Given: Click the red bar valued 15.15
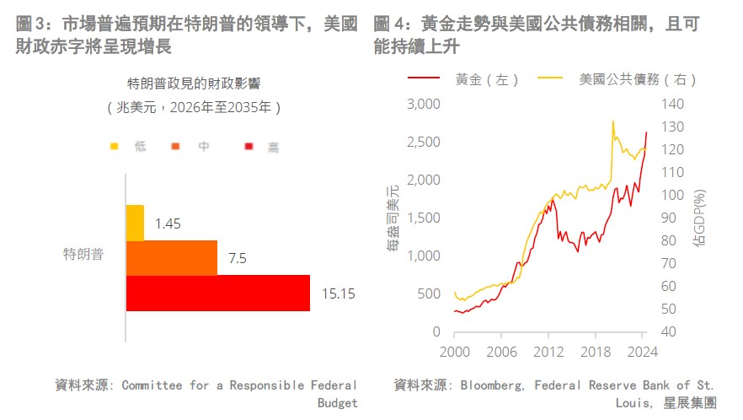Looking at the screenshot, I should (x=217, y=293).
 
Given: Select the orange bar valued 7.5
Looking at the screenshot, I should (x=171, y=257).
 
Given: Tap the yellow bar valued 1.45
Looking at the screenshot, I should (x=135, y=222).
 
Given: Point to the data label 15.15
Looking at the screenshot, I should (x=339, y=294).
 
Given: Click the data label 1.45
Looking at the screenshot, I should (x=168, y=223).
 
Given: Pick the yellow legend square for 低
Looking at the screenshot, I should (x=115, y=147).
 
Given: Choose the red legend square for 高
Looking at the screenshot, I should (x=249, y=147).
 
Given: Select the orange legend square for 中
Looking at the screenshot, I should (x=176, y=147).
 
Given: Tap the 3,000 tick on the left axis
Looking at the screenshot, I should (x=423, y=105).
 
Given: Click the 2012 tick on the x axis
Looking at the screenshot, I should (x=548, y=352).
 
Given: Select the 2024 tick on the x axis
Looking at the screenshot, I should (x=643, y=352).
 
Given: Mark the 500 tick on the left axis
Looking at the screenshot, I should (x=430, y=294).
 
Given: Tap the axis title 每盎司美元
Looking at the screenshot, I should (x=393, y=218).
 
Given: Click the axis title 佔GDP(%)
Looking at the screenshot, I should (x=699, y=218).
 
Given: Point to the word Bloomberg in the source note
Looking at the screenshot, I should (x=491, y=385).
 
